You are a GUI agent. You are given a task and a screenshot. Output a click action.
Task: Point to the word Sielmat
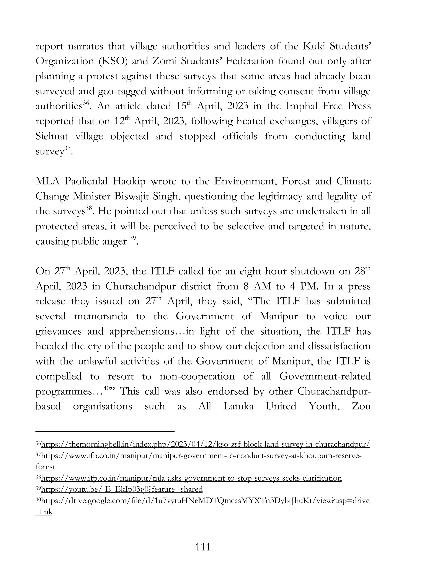(x=52, y=136)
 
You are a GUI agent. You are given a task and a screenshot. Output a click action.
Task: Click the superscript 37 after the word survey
(x=68, y=148)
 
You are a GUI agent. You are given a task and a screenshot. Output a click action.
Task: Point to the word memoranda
(x=101, y=316)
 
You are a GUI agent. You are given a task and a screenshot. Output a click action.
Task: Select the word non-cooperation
(x=197, y=376)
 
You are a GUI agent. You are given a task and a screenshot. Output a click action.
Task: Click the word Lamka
(x=238, y=406)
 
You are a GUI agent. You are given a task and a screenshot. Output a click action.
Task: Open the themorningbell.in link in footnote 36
(x=205, y=445)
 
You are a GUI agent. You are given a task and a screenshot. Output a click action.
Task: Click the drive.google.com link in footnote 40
(x=205, y=501)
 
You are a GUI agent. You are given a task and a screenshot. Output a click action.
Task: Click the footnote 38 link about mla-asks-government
(x=191, y=478)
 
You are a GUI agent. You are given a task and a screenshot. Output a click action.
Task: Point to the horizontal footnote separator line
(x=105, y=432)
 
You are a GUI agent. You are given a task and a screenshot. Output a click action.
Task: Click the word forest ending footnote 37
(x=45, y=467)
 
